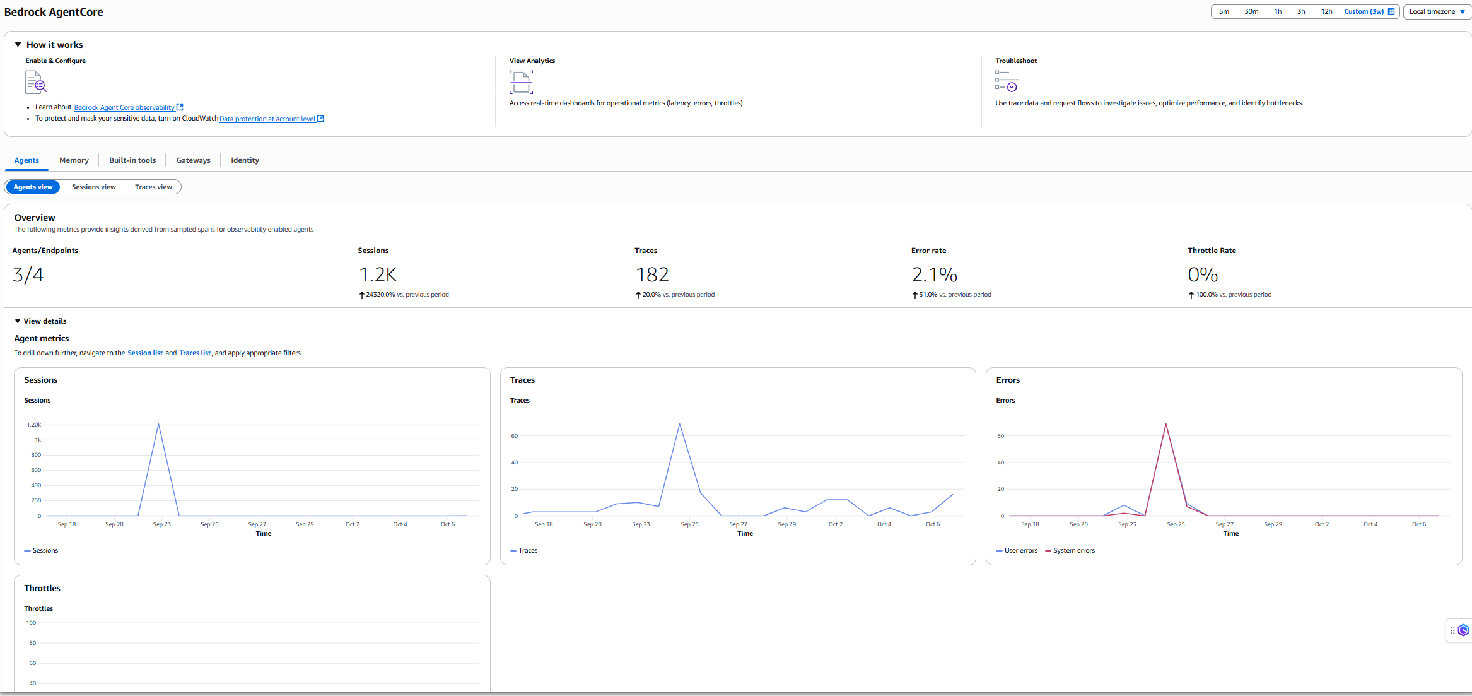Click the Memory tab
tap(74, 160)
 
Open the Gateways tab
tap(193, 160)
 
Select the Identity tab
tap(245, 160)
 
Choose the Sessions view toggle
tap(93, 187)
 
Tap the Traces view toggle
tap(153, 187)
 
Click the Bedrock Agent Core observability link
tap(124, 107)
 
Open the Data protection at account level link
tap(267, 119)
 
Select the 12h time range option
tap(1326, 11)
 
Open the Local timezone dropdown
tap(1437, 11)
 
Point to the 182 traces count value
tap(652, 274)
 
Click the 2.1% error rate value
tap(934, 274)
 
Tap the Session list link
tap(145, 353)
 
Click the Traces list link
tap(195, 353)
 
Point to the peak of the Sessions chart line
tap(158, 424)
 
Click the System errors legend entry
tap(1073, 551)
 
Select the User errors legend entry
tap(1020, 551)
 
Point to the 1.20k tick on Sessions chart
tap(34, 425)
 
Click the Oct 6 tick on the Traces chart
tap(932, 524)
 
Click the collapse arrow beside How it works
tap(18, 45)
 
